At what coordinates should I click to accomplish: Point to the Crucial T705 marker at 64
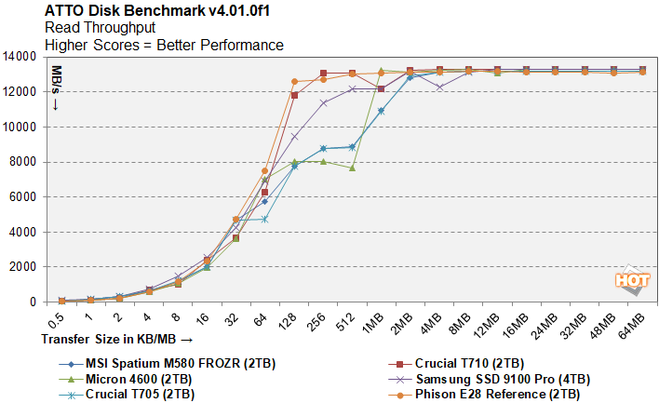pos(265,219)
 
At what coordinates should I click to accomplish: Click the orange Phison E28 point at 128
pos(294,82)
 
